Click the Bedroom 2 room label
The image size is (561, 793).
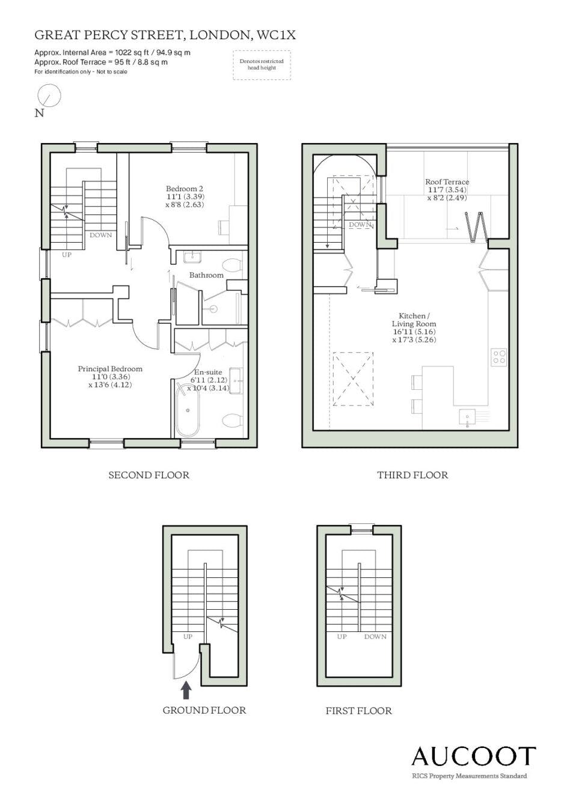pos(185,189)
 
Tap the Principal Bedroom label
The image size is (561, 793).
pos(110,368)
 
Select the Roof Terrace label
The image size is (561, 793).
pos(447,181)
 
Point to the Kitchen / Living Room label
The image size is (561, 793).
pos(414,320)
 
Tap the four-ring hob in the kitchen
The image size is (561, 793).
pos(499,357)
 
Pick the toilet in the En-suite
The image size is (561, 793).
pos(233,420)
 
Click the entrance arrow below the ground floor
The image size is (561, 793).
pos(186,691)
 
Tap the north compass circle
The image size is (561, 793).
pos(50,96)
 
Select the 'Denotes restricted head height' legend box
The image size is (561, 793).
pos(262,65)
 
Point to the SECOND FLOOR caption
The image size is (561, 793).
pos(149,475)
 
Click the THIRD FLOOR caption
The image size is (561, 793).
pos(412,475)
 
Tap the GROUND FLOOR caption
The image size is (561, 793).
pos(204,710)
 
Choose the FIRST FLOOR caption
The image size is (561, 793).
pos(358,711)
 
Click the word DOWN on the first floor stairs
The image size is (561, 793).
pos(375,637)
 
